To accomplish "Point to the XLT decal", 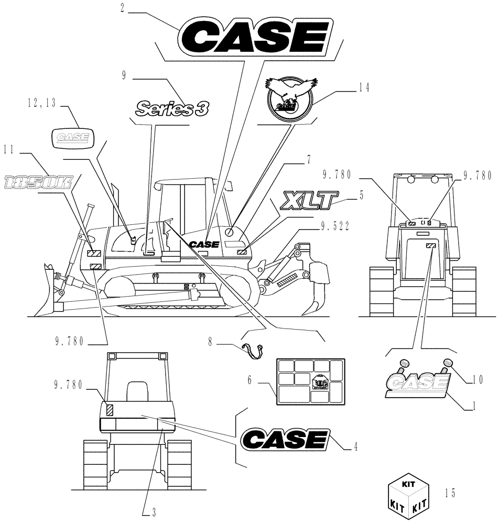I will pos(308,201).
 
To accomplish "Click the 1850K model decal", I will pos(38,182).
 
